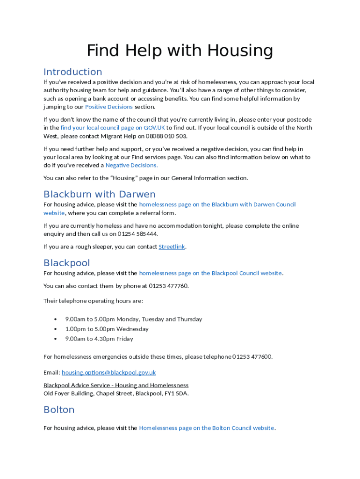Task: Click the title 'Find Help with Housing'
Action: (180, 50)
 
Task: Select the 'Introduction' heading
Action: (72, 72)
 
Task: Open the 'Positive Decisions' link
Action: (109, 107)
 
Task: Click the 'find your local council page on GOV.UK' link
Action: (113, 128)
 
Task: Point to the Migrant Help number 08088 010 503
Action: (166, 136)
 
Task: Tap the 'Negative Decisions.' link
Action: (131, 165)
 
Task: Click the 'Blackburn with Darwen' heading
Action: (99, 194)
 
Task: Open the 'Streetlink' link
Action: (172, 247)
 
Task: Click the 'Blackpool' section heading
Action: (66, 263)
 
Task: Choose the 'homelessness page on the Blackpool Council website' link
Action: (210, 273)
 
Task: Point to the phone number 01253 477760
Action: (168, 286)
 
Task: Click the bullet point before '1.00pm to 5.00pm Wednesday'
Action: (56, 329)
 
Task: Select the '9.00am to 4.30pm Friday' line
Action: (99, 339)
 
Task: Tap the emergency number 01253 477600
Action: (252, 357)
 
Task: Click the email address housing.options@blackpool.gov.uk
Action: (108, 373)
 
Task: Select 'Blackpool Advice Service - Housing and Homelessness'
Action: (116, 385)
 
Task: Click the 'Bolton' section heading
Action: (59, 410)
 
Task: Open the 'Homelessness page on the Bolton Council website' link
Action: (207, 428)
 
